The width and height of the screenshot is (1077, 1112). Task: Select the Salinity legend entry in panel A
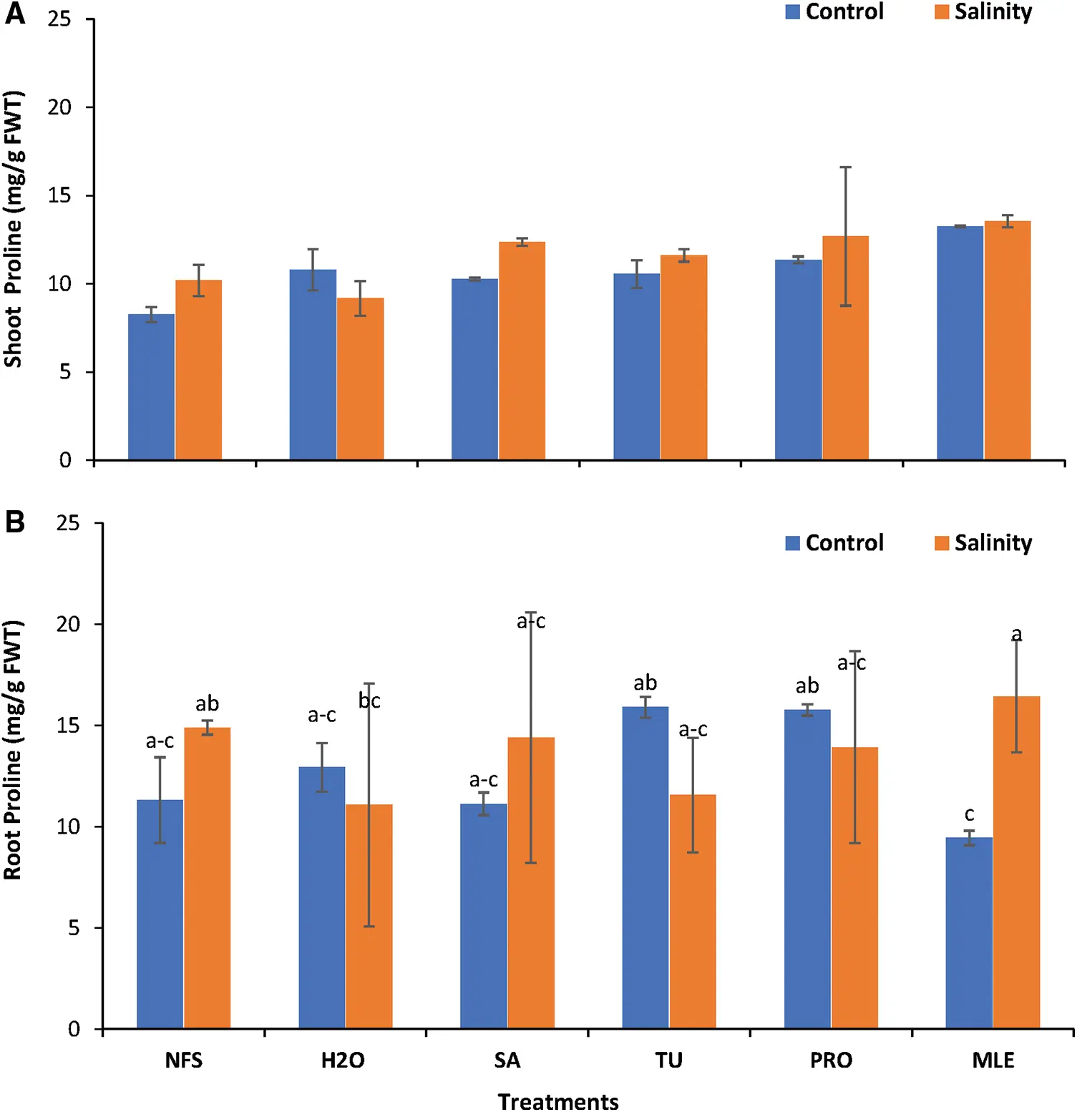(983, 12)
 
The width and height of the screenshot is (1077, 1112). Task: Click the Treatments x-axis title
(558, 1101)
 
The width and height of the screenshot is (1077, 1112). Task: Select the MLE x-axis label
(993, 1060)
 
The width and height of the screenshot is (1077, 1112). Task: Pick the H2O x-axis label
(343, 1060)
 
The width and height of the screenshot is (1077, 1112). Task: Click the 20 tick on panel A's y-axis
(60, 107)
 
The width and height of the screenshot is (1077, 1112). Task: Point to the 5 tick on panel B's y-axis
(74, 928)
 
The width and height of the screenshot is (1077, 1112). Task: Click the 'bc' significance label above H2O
(369, 701)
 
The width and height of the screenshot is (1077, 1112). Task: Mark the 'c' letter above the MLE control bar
(969, 814)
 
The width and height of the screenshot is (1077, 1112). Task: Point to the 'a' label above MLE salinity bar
(1016, 635)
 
